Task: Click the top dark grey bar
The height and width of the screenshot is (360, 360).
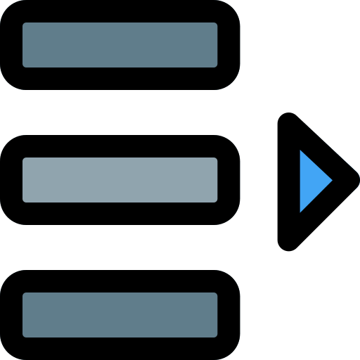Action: pos(120,45)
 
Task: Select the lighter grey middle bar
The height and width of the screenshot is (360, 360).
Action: pos(120,180)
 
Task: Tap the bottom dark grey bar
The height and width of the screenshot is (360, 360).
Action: pos(120,315)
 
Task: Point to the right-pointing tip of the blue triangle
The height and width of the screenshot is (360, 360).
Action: pos(331,181)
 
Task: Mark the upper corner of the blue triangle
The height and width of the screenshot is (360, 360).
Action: pos(301,151)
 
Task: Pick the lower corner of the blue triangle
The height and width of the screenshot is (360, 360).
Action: pos(301,210)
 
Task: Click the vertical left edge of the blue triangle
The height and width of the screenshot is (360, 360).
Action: pos(301,181)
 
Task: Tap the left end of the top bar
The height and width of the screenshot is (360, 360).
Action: pos(25,45)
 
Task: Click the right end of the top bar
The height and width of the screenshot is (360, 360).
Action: pos(215,45)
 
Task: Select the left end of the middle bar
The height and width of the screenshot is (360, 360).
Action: pos(25,180)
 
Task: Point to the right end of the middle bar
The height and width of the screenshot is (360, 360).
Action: pos(215,180)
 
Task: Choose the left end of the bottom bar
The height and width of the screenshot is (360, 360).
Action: pos(25,315)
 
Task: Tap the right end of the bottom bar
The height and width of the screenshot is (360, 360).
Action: pos(215,315)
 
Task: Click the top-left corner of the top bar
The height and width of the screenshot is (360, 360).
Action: pos(25,25)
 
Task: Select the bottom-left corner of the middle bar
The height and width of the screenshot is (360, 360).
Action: pos(25,200)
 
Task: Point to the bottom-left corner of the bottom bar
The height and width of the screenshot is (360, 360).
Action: pos(25,335)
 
